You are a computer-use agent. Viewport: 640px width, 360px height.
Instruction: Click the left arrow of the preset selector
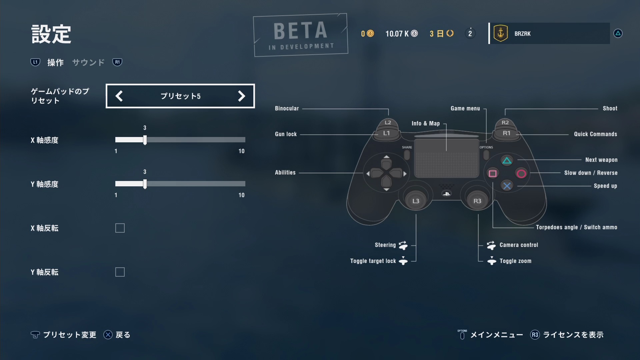[x=119, y=96]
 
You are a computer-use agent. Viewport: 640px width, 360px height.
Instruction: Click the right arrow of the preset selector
[x=241, y=96]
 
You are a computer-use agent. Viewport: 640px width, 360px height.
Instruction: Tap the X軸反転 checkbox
[x=120, y=228]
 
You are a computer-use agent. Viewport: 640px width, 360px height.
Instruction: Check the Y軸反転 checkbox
[x=120, y=272]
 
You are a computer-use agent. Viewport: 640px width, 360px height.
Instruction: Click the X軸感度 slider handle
[x=145, y=140]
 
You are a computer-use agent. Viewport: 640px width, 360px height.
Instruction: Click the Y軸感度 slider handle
[x=145, y=184]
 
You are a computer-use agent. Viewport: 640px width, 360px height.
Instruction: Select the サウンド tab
[x=88, y=62]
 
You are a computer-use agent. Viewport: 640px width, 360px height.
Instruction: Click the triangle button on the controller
[x=507, y=161]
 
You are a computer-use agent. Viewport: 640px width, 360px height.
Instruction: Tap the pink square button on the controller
[x=493, y=173]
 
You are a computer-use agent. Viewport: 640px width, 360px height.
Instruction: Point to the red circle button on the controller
[x=521, y=173]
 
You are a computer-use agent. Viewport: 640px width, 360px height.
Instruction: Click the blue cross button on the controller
[x=507, y=186]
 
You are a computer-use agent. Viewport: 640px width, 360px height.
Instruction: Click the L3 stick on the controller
[x=416, y=201]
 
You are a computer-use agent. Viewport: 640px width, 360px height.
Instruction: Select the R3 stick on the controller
[x=477, y=201]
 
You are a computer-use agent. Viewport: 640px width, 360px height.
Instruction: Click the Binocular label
[x=287, y=108]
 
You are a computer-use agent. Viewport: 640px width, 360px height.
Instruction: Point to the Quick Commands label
[x=595, y=134]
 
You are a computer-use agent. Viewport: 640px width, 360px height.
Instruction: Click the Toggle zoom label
[x=515, y=261]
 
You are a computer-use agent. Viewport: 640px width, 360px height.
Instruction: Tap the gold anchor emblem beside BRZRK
[x=500, y=33]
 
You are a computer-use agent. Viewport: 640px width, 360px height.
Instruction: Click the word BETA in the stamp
[x=300, y=31]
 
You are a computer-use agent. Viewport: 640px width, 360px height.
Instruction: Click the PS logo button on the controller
[x=447, y=194]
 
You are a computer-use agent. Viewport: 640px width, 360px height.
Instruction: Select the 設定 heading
[x=51, y=34]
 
